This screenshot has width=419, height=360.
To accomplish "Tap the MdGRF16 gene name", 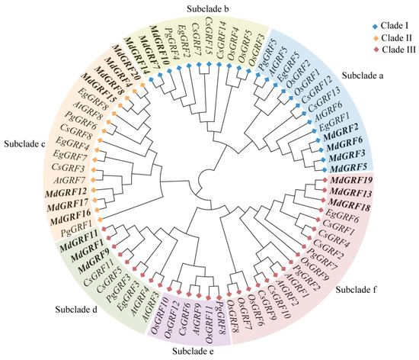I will [x=72, y=217].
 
